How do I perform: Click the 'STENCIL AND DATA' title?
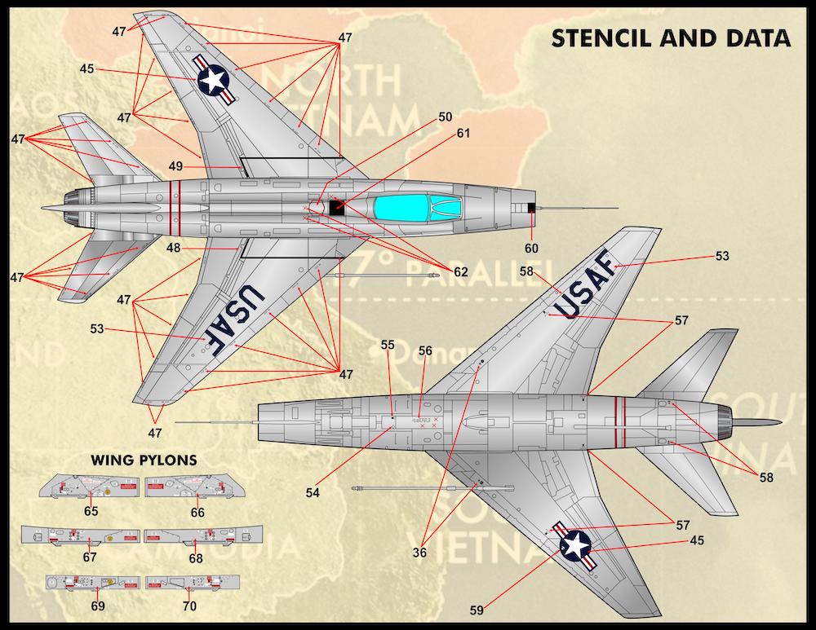click(x=670, y=37)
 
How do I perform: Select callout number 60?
click(x=531, y=248)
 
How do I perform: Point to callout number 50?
click(x=445, y=117)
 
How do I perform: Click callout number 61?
click(x=464, y=133)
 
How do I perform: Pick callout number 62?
click(x=461, y=272)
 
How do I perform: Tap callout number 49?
click(x=176, y=166)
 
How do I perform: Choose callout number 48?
click(x=174, y=248)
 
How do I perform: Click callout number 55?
click(x=388, y=345)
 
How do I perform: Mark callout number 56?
click(x=425, y=350)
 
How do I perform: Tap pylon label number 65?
click(x=91, y=512)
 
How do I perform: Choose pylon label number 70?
click(x=189, y=606)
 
